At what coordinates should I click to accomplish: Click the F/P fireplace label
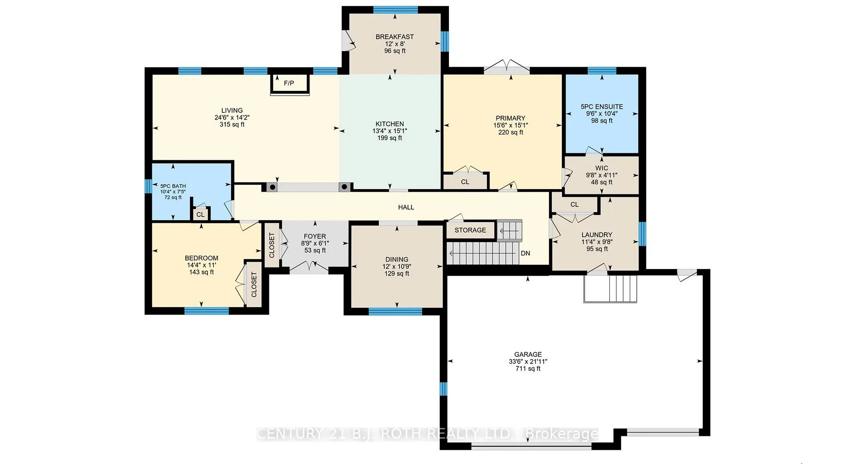pyautogui.click(x=289, y=83)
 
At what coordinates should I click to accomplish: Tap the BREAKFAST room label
pyautogui.click(x=395, y=37)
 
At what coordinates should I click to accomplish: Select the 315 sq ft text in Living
pyautogui.click(x=232, y=125)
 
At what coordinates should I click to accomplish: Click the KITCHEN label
pyautogui.click(x=390, y=124)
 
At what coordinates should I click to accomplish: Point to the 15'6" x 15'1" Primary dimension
pyautogui.click(x=510, y=125)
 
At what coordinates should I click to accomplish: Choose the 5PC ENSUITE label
pyautogui.click(x=602, y=107)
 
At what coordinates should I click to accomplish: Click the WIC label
pyautogui.click(x=602, y=168)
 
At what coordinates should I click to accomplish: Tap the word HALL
pyautogui.click(x=406, y=207)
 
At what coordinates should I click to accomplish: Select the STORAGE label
pyautogui.click(x=470, y=230)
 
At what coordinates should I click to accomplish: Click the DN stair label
pyautogui.click(x=525, y=253)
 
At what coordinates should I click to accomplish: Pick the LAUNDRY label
pyautogui.click(x=597, y=235)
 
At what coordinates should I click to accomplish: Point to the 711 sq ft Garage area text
pyautogui.click(x=528, y=369)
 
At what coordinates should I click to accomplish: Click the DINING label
pyautogui.click(x=397, y=259)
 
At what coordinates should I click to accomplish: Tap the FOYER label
pyautogui.click(x=315, y=237)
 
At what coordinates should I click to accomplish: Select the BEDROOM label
pyautogui.click(x=201, y=258)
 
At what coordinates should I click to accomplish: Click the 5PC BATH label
pyautogui.click(x=173, y=186)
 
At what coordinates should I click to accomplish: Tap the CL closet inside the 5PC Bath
pyautogui.click(x=200, y=214)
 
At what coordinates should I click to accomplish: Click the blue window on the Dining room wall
pyautogui.click(x=395, y=311)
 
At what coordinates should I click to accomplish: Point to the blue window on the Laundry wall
pyautogui.click(x=642, y=234)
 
